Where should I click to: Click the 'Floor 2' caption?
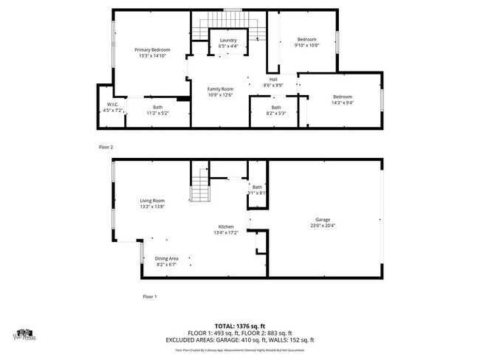106,147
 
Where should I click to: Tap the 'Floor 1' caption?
149,297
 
